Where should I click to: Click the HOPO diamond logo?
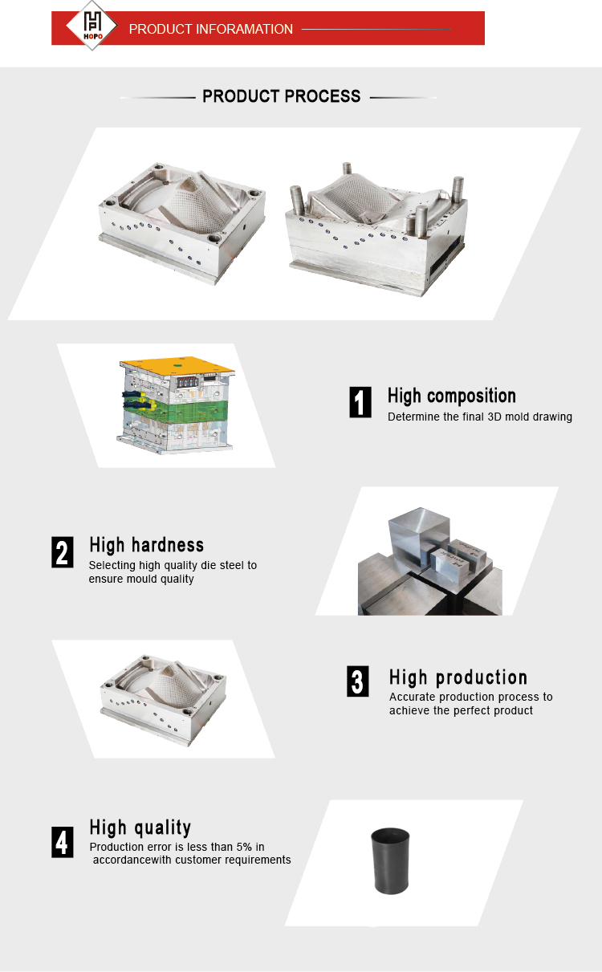(x=92, y=25)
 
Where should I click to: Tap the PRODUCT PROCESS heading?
(x=281, y=96)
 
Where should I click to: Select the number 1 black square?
(x=360, y=402)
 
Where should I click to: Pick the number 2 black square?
(x=62, y=552)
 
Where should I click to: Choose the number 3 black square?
(x=358, y=681)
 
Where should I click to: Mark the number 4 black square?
(x=62, y=842)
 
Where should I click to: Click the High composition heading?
(x=452, y=397)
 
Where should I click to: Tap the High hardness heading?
(x=147, y=545)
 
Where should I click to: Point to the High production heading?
(x=458, y=677)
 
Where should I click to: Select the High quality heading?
(x=140, y=828)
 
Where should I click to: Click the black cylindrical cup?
(x=390, y=861)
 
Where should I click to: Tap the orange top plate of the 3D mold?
(x=177, y=366)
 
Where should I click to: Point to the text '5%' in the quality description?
(x=244, y=847)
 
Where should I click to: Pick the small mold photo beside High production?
(x=163, y=700)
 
